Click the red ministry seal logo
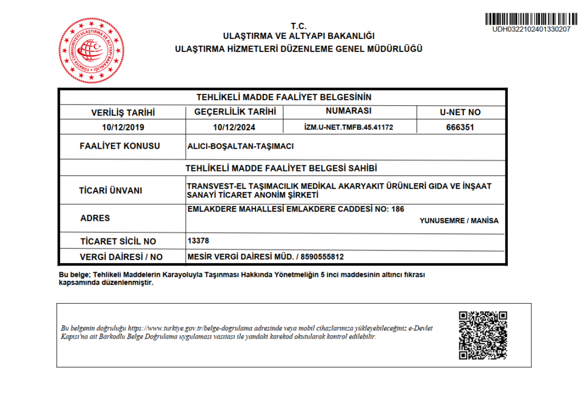91,50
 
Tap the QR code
483,335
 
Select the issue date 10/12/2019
123,127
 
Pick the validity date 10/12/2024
235,127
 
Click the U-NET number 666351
460,128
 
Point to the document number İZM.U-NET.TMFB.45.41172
349,127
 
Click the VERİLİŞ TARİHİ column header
123,113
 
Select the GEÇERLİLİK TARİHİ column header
235,112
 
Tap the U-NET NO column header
460,113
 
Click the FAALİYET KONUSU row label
119,146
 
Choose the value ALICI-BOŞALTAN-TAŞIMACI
241,146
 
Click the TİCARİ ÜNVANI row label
111,190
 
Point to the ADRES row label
95,218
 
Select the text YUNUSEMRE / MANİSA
459,221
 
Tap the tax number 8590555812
322,257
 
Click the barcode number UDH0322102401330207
531,29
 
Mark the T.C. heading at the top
298,26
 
